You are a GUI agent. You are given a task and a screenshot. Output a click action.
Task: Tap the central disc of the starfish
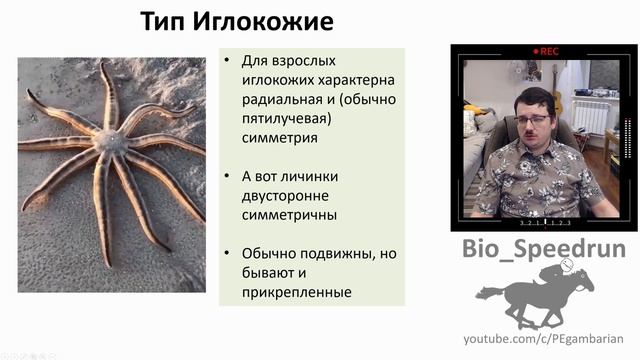click(x=110, y=142)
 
